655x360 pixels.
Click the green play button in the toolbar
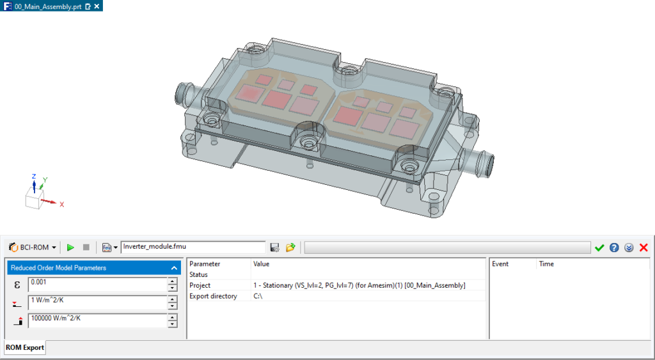coord(70,247)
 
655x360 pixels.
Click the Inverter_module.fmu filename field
coord(192,247)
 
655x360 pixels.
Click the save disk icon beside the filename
coord(275,247)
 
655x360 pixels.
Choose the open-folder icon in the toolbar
coord(290,247)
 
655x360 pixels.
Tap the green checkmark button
coord(599,247)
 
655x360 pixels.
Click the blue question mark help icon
coord(614,247)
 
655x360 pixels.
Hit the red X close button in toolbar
coord(643,247)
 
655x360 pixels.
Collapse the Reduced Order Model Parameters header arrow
coord(174,268)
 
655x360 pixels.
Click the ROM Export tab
coord(26,348)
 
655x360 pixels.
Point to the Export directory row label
coord(213,296)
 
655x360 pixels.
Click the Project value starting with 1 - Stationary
coord(359,285)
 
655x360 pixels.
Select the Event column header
coord(500,263)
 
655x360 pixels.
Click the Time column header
coord(546,263)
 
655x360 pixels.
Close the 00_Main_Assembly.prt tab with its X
coord(97,6)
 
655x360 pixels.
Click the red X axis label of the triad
coord(62,205)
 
